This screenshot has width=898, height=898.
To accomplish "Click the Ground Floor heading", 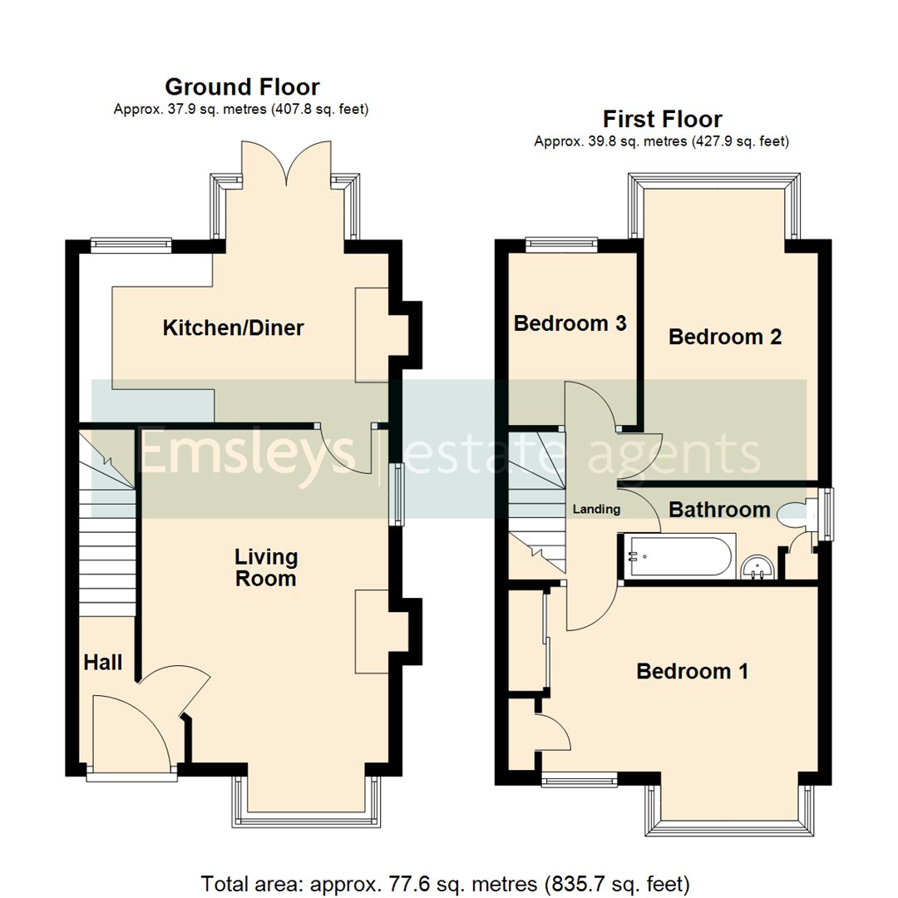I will pyautogui.click(x=242, y=86).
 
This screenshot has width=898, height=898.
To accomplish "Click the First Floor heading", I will pyautogui.click(x=662, y=119).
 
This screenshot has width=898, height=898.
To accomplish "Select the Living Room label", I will pyautogui.click(x=265, y=567).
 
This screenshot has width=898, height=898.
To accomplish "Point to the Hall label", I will pyautogui.click(x=103, y=663).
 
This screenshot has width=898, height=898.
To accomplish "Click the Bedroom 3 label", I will pyautogui.click(x=570, y=323).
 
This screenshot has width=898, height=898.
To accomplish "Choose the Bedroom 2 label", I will pyautogui.click(x=725, y=337).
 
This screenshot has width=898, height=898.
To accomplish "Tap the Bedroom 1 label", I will pyautogui.click(x=693, y=671).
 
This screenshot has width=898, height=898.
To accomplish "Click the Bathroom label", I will pyautogui.click(x=720, y=509).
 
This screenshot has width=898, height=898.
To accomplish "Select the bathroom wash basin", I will pyautogui.click(x=757, y=567).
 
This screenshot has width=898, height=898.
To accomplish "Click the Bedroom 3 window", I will pyautogui.click(x=562, y=244).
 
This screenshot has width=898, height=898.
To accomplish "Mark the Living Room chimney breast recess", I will pyautogui.click(x=373, y=631).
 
